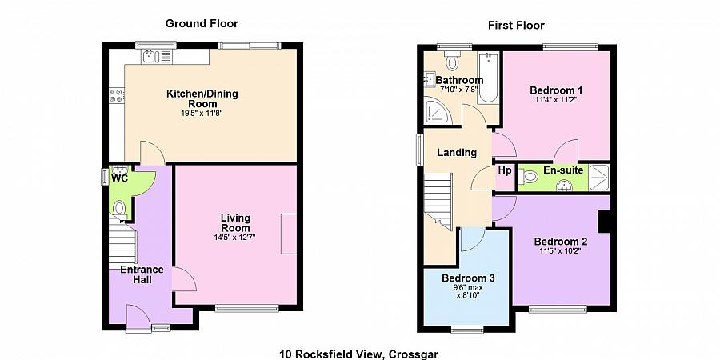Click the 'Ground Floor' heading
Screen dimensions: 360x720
click(x=202, y=23)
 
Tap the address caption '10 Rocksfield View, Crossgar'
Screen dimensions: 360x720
click(x=359, y=354)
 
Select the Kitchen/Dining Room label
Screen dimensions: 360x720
click(x=202, y=98)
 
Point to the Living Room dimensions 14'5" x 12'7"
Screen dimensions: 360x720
click(x=235, y=238)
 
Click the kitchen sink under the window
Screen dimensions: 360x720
click(x=150, y=56)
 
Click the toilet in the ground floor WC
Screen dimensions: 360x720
click(x=119, y=210)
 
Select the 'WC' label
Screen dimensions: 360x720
click(x=119, y=178)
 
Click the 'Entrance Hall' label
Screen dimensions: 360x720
click(x=142, y=274)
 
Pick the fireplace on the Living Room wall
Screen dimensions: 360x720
click(x=289, y=234)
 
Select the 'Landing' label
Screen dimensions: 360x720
click(x=457, y=152)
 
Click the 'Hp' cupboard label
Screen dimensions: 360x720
click(x=505, y=170)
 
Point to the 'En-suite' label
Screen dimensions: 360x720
click(x=562, y=170)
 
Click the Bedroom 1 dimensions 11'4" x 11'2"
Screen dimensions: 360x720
click(x=556, y=101)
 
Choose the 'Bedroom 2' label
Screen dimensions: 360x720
click(x=561, y=242)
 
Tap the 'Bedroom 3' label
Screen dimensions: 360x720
click(x=468, y=278)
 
